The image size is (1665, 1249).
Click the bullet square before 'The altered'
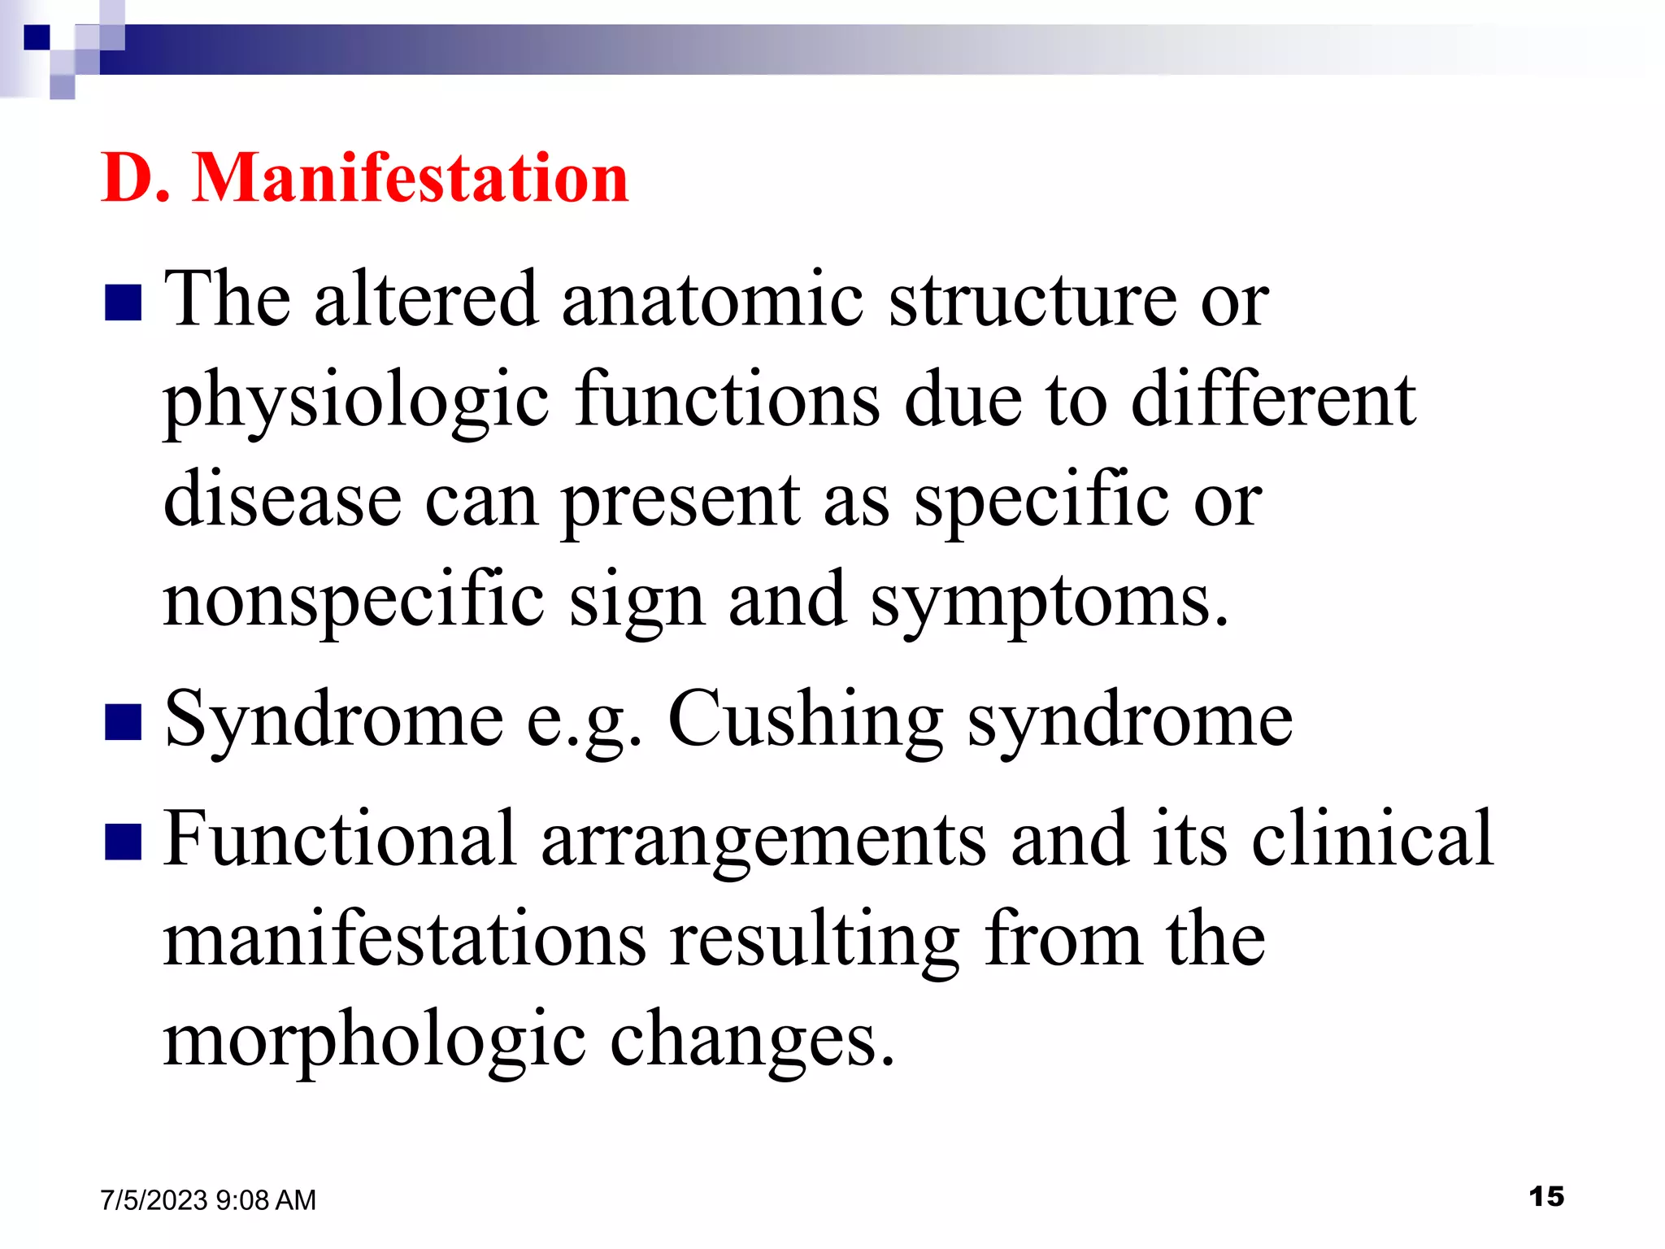(x=124, y=302)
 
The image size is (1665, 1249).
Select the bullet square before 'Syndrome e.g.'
(x=124, y=722)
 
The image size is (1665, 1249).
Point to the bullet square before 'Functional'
(x=124, y=842)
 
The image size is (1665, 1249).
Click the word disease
(x=282, y=499)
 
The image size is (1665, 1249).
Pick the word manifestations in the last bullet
(x=405, y=939)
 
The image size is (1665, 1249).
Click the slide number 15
(x=1545, y=1196)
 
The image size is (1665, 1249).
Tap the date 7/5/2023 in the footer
(x=154, y=1200)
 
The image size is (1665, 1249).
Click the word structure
(x=1032, y=299)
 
